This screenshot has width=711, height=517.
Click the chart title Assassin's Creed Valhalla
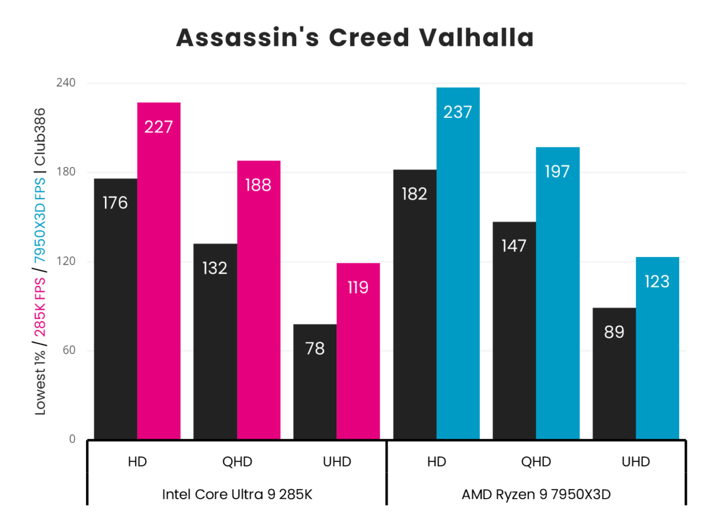click(x=355, y=37)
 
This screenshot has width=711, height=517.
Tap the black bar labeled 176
click(x=116, y=309)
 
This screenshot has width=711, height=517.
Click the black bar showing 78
click(x=315, y=381)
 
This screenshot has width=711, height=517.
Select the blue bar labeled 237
click(x=458, y=263)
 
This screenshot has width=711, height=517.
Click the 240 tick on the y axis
click(x=65, y=83)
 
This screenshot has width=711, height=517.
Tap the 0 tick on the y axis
click(x=72, y=439)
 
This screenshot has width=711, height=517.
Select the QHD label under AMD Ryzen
click(x=536, y=462)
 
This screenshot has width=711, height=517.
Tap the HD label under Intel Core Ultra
click(x=137, y=462)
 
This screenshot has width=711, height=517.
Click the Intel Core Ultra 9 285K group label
click(x=237, y=494)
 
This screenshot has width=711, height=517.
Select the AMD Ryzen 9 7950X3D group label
click(x=536, y=494)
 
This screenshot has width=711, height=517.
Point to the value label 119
click(x=358, y=288)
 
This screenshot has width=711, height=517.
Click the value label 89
click(x=614, y=332)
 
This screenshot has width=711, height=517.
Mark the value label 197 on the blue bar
click(x=558, y=172)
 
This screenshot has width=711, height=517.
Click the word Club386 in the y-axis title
click(x=40, y=137)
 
